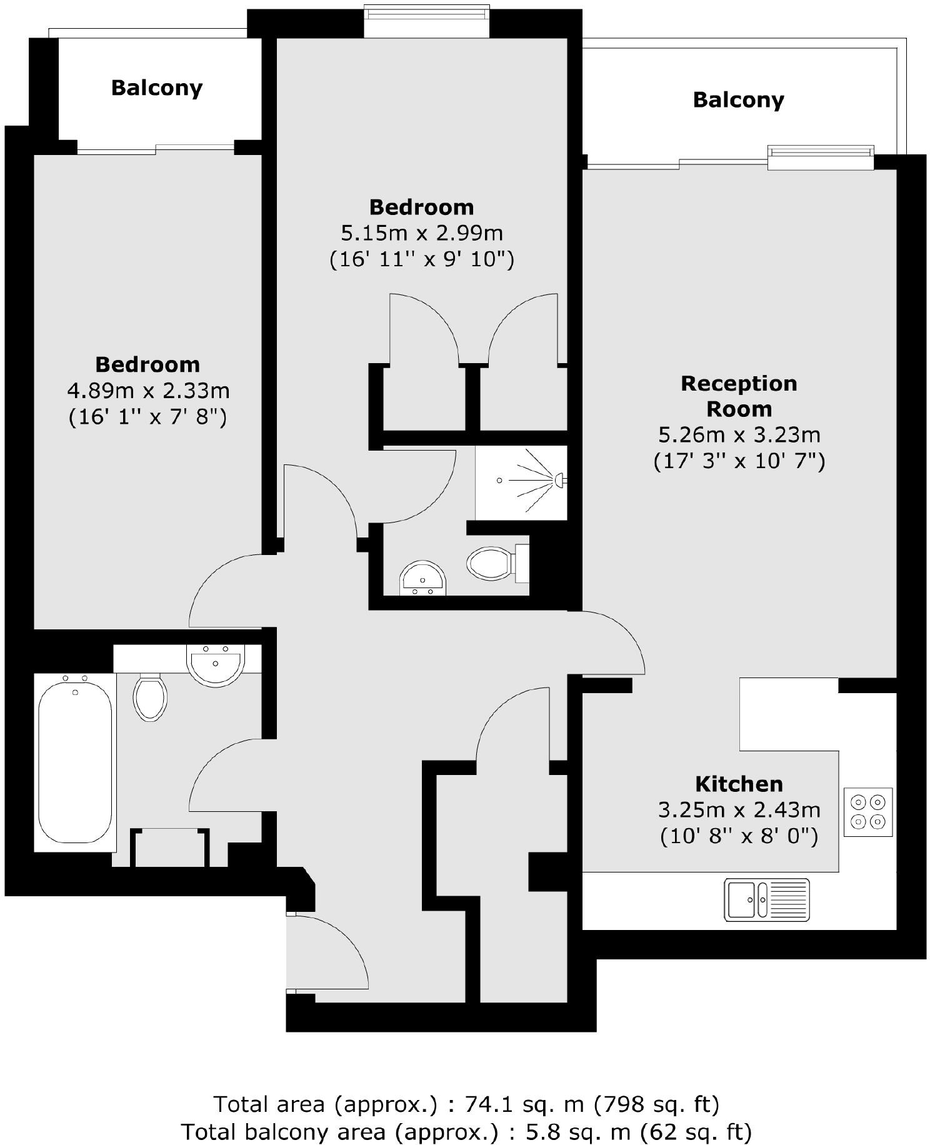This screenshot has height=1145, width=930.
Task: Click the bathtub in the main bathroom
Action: click(x=75, y=762)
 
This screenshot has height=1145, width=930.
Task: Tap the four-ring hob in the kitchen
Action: click(x=868, y=811)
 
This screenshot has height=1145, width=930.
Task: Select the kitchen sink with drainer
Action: click(x=766, y=900)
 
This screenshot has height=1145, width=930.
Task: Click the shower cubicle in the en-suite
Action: click(x=521, y=482)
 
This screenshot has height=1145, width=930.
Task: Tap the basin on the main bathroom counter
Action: click(x=216, y=664)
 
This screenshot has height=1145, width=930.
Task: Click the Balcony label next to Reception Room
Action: click(x=738, y=100)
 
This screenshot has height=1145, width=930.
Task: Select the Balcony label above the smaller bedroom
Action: click(x=157, y=87)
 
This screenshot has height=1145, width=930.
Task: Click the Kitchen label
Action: click(x=739, y=784)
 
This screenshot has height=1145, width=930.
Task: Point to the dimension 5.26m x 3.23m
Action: click(x=739, y=435)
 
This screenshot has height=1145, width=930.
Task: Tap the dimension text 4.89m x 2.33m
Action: click(x=148, y=391)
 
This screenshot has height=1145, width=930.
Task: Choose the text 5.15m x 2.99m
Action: click(x=421, y=233)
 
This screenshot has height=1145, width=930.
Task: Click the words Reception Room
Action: click(x=739, y=396)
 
